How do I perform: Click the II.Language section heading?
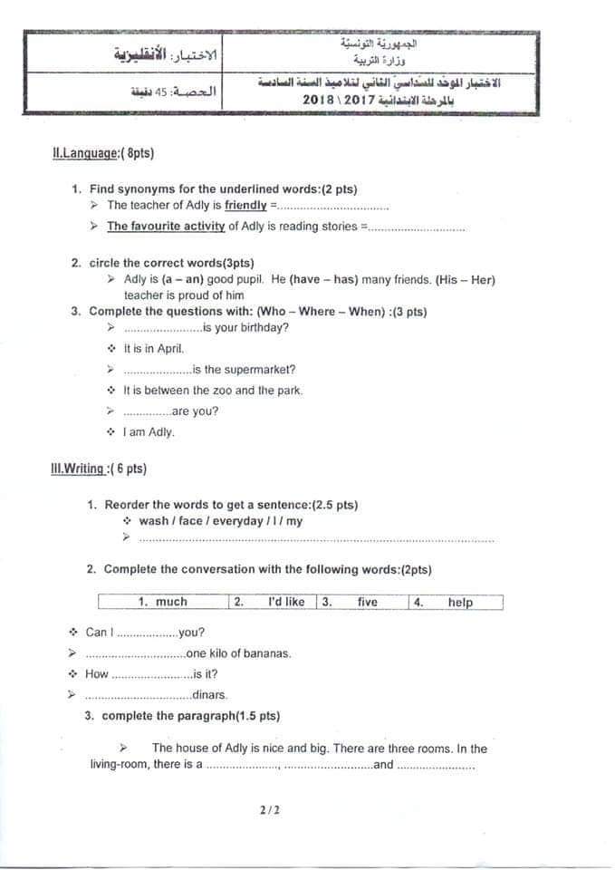point(103,154)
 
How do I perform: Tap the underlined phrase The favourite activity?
point(166,227)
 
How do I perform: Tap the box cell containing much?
point(163,602)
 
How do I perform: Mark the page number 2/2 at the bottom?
point(269,810)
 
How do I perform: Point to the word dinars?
point(210,695)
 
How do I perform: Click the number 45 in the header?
point(163,92)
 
